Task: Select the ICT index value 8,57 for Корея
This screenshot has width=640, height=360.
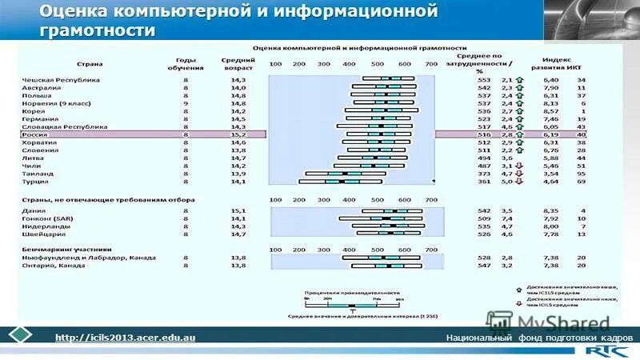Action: point(550,111)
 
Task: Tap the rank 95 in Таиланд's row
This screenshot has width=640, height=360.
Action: point(582,173)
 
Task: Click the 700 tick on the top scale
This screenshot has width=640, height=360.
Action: point(432,63)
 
